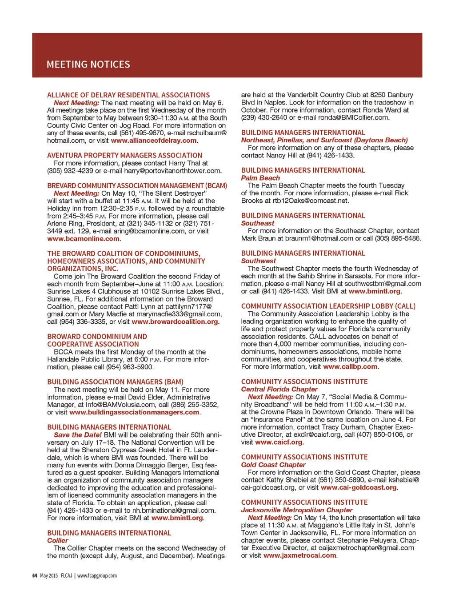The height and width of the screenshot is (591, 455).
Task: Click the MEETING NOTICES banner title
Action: pyautogui.click(x=88, y=64)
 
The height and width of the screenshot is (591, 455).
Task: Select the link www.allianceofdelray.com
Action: pyautogui.click(x=154, y=141)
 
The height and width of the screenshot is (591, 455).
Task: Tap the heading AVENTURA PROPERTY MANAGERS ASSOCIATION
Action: pyautogui.click(x=124, y=156)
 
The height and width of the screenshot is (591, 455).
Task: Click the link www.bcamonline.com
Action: pyautogui.click(x=83, y=239)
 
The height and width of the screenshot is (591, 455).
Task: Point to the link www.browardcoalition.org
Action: pyautogui.click(x=175, y=322)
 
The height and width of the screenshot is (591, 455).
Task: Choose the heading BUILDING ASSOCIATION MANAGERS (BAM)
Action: pyautogui.click(x=115, y=382)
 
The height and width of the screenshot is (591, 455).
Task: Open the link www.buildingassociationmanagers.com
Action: pyautogui.click(x=134, y=412)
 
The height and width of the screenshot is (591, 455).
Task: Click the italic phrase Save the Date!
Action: pyautogui.click(x=78, y=435)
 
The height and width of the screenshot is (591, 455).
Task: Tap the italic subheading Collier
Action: pyautogui.click(x=57, y=541)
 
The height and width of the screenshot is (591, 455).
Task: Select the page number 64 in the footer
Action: pyautogui.click(x=35, y=575)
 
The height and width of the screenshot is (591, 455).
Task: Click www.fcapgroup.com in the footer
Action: pyautogui.click(x=97, y=575)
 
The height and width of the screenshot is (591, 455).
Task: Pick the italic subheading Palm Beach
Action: pyautogui.click(x=260, y=178)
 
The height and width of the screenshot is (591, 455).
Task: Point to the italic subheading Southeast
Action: pyautogui.click(x=258, y=223)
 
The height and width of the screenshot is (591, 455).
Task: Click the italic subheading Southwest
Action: pyautogui.click(x=259, y=261)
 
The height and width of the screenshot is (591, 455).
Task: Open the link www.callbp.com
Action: pyautogui.click(x=350, y=367)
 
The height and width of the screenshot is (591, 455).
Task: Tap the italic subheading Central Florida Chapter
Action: pyautogui.click(x=279, y=389)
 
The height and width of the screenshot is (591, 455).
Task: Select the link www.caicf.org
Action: pyautogui.click(x=279, y=442)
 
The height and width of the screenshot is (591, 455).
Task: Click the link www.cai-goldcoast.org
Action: pyautogui.click(x=358, y=487)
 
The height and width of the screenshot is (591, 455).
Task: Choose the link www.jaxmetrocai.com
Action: pyautogui.click(x=299, y=555)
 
